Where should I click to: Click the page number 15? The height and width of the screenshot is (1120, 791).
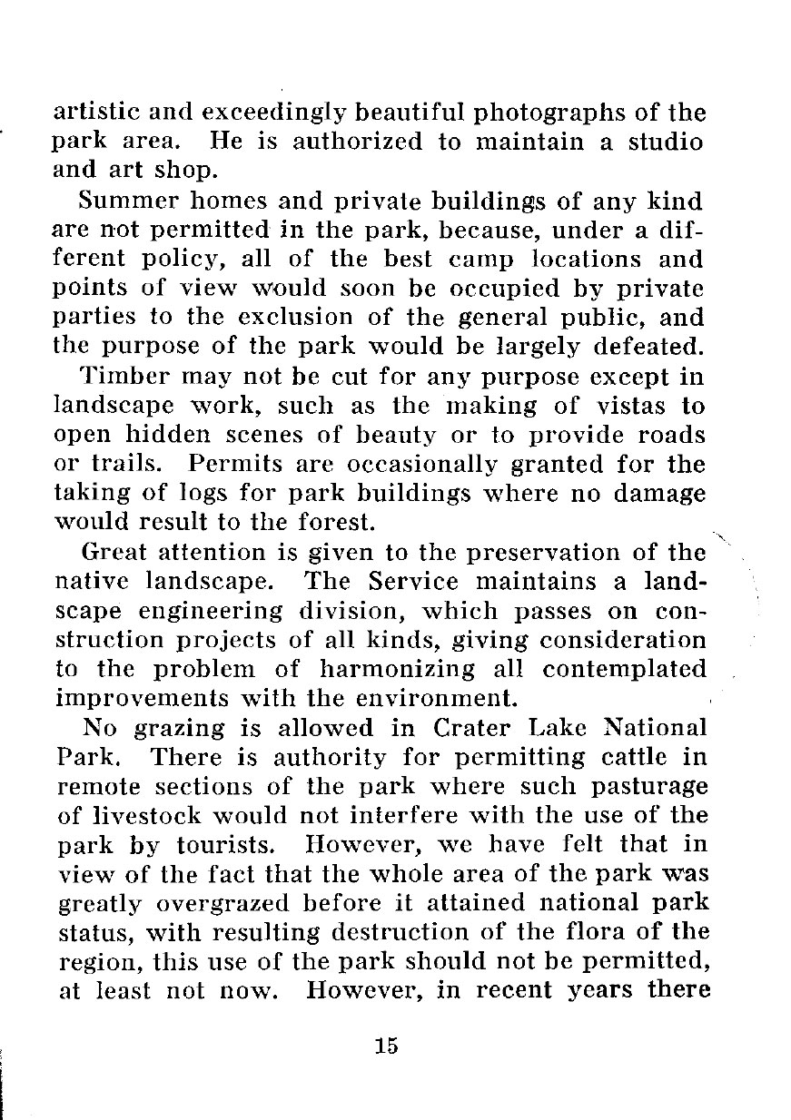pos(386,1045)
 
